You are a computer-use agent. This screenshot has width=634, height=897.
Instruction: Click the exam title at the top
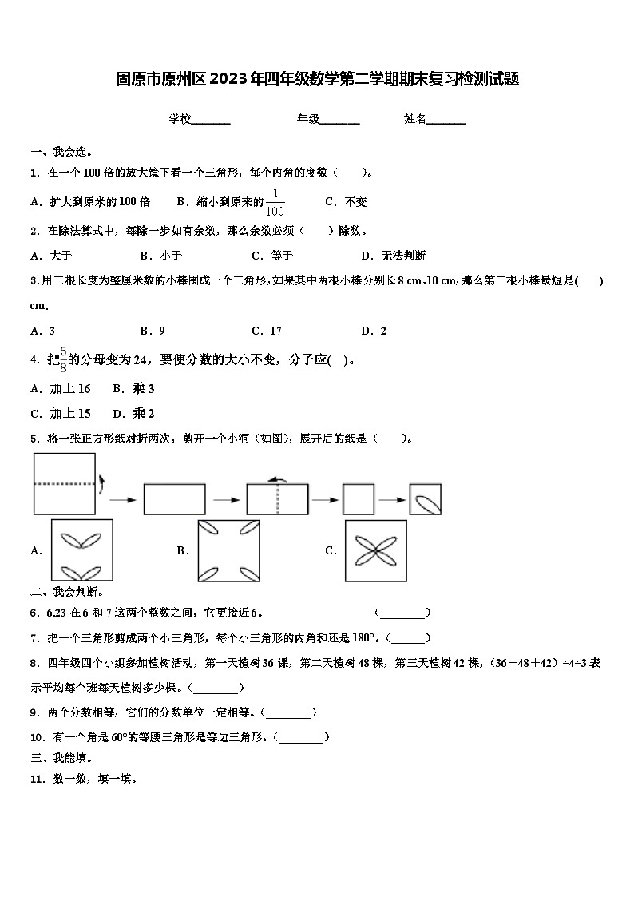click(x=317, y=79)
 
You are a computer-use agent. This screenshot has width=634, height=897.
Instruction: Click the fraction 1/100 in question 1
click(x=275, y=203)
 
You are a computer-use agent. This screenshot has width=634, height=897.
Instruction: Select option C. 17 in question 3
click(x=267, y=331)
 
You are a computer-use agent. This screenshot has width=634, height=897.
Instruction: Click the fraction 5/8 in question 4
click(x=62, y=360)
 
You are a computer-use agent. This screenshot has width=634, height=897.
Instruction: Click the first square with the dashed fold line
click(x=63, y=483)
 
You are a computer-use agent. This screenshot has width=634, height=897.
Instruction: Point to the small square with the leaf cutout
click(x=425, y=499)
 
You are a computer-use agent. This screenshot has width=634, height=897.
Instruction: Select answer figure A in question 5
click(x=81, y=550)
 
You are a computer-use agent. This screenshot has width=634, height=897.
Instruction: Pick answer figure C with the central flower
click(x=376, y=550)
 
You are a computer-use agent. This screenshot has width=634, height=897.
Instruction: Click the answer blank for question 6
click(x=402, y=613)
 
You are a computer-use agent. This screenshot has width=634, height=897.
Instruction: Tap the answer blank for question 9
click(x=289, y=713)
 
